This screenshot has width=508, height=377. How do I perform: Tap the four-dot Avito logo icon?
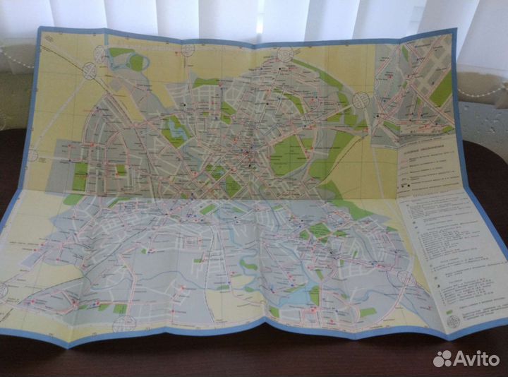pyautogui.click(x=442, y=358)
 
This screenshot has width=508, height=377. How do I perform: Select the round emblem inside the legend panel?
pyautogui.click(x=454, y=321)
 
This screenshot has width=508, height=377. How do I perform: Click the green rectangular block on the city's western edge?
pyautogui.click(x=80, y=176)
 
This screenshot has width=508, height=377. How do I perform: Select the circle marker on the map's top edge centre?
pyautogui.click(x=188, y=49)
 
